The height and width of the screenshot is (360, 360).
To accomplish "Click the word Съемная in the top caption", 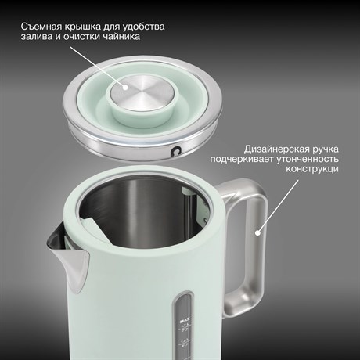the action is (x=40, y=27).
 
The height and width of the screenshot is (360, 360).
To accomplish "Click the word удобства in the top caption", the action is (x=143, y=27).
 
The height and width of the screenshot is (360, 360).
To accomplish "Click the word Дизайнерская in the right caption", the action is (x=276, y=149).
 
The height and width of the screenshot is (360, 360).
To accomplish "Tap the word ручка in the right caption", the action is (x=325, y=149).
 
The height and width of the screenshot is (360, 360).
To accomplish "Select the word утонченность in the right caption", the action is (x=308, y=159).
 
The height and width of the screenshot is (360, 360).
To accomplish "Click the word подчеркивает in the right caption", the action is (x=242, y=160).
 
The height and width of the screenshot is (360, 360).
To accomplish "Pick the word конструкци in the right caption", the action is (x=312, y=169).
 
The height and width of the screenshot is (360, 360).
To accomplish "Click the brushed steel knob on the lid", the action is (x=140, y=94).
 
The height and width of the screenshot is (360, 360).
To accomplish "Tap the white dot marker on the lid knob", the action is (x=125, y=88).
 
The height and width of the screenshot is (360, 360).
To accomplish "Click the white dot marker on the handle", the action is (x=257, y=232).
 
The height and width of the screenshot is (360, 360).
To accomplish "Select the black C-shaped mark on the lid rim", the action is (x=176, y=152).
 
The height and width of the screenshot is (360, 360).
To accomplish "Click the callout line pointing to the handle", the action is (x=278, y=206).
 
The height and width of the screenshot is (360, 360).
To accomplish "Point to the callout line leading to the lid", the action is (x=98, y=67).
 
